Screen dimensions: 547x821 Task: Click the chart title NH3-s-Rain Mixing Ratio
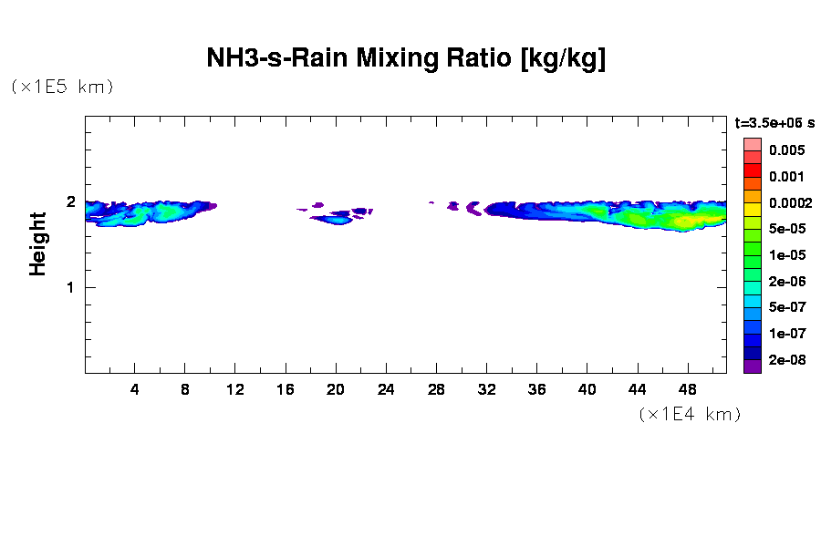pos(406,59)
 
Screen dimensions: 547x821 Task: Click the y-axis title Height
pos(37,243)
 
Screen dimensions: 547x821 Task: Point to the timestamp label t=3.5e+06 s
pos(774,121)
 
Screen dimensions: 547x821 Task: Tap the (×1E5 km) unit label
pos(62,87)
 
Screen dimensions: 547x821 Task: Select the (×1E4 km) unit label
pos(690,414)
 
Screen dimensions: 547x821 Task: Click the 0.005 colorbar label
pos(786,150)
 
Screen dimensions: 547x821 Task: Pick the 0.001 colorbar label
pos(786,177)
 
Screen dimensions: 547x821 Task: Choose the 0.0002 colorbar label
pos(790,202)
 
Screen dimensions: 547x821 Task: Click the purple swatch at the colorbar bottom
pos(752,366)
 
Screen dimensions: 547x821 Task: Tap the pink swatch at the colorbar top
pos(752,144)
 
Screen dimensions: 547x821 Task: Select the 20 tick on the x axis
pos(336,390)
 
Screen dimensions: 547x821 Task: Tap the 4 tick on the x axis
pos(135,390)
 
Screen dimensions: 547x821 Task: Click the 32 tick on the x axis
pos(486,390)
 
